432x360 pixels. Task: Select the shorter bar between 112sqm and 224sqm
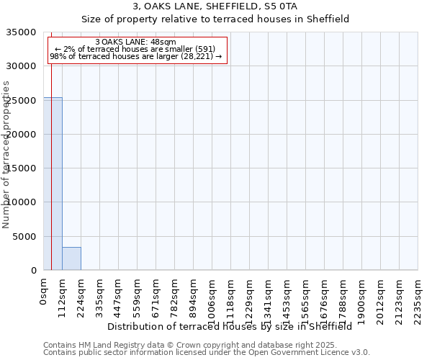pyautogui.click(x=71, y=258)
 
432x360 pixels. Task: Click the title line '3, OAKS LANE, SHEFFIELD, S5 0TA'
pyautogui.click(x=215, y=6)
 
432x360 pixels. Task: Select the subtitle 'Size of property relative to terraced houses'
pyautogui.click(x=215, y=19)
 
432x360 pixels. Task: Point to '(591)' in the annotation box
pyautogui.click(x=204, y=49)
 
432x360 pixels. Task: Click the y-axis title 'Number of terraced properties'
pyautogui.click(x=6, y=154)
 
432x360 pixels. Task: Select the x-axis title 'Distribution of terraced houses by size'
pyautogui.click(x=230, y=326)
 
